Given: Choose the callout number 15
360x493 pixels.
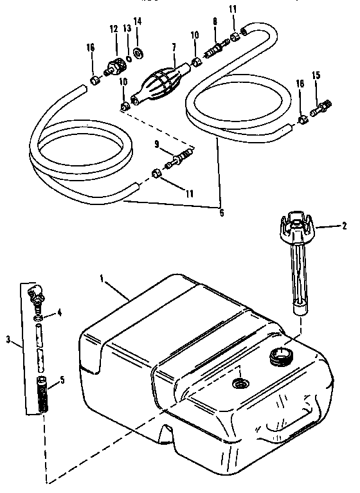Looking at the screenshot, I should pos(316,76).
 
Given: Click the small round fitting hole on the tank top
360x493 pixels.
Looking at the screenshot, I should pos(240,384).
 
